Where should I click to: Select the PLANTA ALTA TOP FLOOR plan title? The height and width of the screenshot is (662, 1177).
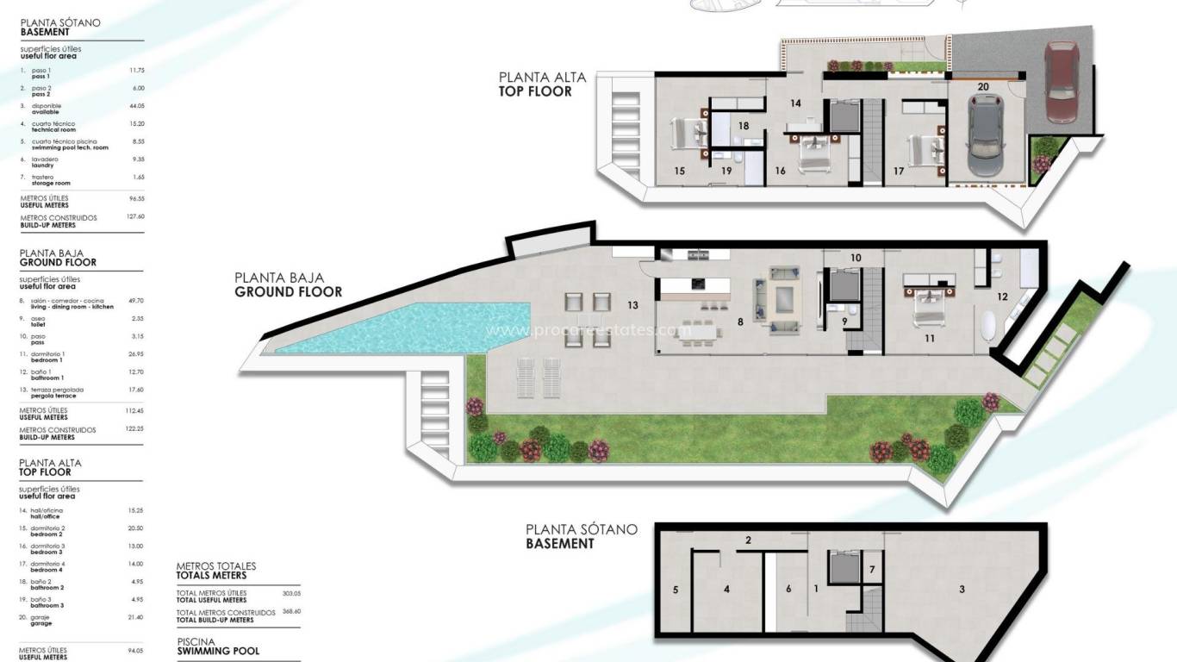coord(542,84)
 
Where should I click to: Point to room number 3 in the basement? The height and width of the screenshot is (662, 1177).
coord(962,590)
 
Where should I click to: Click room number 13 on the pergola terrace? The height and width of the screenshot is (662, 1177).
coord(632,305)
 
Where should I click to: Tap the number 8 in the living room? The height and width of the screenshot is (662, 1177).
coord(740,322)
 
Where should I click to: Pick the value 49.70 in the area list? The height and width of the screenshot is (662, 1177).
coord(135,301)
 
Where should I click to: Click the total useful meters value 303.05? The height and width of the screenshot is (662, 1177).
coord(290,593)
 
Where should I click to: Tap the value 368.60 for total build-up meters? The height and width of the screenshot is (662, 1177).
coord(290,611)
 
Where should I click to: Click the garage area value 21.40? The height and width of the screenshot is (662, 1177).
coord(135,617)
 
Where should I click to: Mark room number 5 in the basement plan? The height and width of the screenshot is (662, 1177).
coord(676,590)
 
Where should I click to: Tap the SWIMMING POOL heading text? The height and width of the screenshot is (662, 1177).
coord(217,651)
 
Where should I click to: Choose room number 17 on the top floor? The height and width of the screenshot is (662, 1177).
coord(899,172)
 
